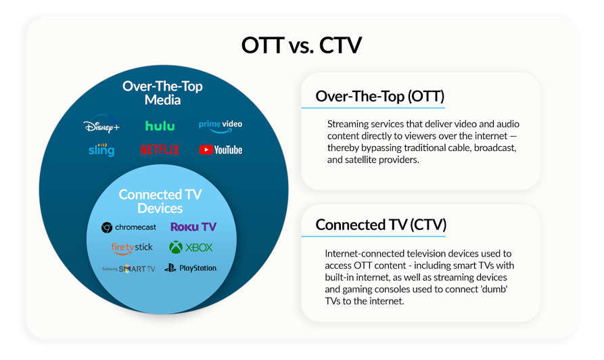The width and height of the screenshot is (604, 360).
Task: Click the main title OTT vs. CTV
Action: tap(302, 45)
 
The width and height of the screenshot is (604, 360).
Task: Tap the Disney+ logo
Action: tap(101, 127)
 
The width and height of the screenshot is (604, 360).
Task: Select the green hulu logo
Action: tap(160, 126)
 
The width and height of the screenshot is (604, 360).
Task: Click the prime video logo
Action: tap(220, 125)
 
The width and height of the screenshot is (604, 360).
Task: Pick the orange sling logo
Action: tap(101, 150)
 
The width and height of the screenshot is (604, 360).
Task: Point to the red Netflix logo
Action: tap(160, 150)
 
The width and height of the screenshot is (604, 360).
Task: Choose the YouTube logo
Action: tap(220, 150)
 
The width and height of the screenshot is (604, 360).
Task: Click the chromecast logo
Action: tap(129, 227)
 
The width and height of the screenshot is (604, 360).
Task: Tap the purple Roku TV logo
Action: tap(193, 227)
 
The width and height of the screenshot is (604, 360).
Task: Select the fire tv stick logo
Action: tap(132, 248)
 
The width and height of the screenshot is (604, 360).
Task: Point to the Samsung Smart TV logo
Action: tap(129, 269)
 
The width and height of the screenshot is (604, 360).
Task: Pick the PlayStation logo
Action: tap(191, 269)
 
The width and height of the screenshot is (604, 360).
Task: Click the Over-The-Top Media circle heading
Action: tap(162, 93)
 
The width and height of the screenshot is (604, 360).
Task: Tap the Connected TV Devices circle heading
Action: tap(160, 202)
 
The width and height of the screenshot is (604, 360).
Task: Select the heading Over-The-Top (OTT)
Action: tap(379, 96)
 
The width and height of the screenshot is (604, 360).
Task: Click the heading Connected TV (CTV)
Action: tap(381, 225)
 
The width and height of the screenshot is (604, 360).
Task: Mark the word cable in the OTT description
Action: tap(447, 148)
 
